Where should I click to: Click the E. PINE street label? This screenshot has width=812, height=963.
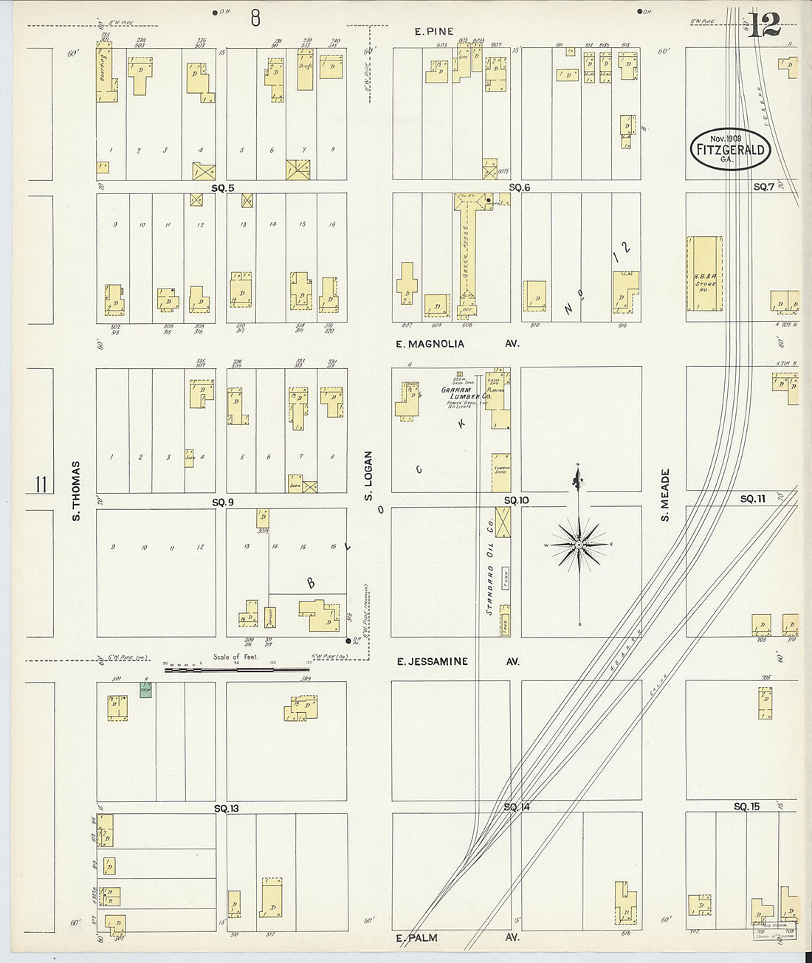click(x=433, y=32)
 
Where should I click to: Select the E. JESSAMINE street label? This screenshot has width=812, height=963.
click(x=433, y=662)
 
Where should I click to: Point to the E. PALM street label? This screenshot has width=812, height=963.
click(x=417, y=938)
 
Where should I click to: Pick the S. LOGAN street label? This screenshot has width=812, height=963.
click(x=368, y=475)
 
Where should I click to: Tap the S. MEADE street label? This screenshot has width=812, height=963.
click(x=664, y=494)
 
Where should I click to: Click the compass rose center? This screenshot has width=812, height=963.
click(x=579, y=545)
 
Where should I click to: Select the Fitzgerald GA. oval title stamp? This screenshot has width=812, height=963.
click(x=729, y=150)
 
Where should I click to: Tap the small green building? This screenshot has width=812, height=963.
click(x=146, y=690)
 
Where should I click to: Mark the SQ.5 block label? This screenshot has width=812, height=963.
click(x=222, y=188)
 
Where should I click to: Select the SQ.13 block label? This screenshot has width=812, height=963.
click(x=226, y=808)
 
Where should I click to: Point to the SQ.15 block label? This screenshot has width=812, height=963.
click(x=746, y=807)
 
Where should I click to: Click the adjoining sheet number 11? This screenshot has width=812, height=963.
click(x=41, y=485)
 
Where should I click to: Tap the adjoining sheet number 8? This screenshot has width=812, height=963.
click(x=255, y=18)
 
